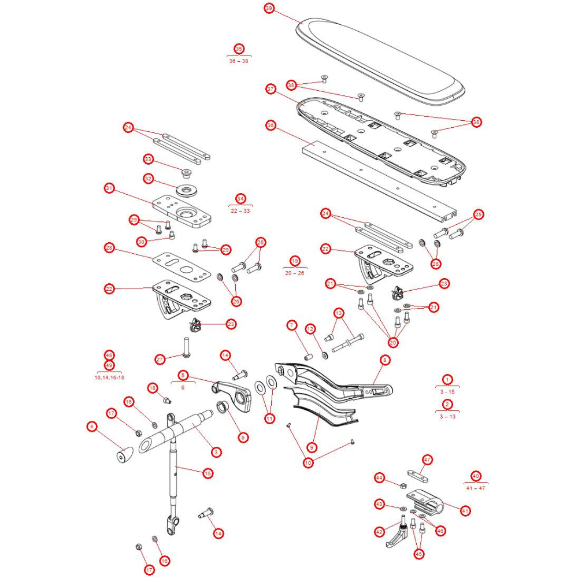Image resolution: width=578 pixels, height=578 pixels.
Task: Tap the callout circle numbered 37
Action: pyautogui.click(x=271, y=89)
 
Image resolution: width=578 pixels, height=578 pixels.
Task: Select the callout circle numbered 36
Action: pyautogui.click(x=271, y=125)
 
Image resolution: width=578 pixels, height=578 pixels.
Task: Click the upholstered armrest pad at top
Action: pyautogui.click(x=381, y=61)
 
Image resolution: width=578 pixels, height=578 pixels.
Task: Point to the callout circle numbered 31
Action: pyautogui.click(x=109, y=188)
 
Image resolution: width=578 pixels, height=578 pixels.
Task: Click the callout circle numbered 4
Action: pyautogui.click(x=91, y=427)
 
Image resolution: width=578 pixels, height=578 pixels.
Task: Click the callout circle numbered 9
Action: pyautogui.click(x=312, y=447)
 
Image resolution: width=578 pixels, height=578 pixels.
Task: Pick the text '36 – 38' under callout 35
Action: pyautogui.click(x=239, y=61)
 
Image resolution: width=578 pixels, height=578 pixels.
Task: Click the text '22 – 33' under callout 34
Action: pyautogui.click(x=240, y=210)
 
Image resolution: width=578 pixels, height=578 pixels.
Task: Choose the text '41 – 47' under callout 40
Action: pyautogui.click(x=476, y=488)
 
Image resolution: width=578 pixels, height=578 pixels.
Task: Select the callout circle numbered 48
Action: pyautogui.click(x=109, y=355)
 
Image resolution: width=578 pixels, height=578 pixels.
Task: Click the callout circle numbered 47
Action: pyautogui.click(x=427, y=460)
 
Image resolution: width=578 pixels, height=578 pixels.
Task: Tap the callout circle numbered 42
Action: pyautogui.click(x=379, y=532)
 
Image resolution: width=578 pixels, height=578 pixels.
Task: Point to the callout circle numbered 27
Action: pyautogui.click(x=161, y=359)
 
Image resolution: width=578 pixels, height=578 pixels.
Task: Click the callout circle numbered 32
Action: pyautogui.click(x=149, y=179)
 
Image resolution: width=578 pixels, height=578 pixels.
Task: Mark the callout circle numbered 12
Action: pyautogui.click(x=310, y=328)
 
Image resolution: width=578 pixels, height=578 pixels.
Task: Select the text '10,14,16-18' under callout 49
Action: pyautogui.click(x=109, y=377)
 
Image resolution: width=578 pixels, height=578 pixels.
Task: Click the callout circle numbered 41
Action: pyautogui.click(x=464, y=510)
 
